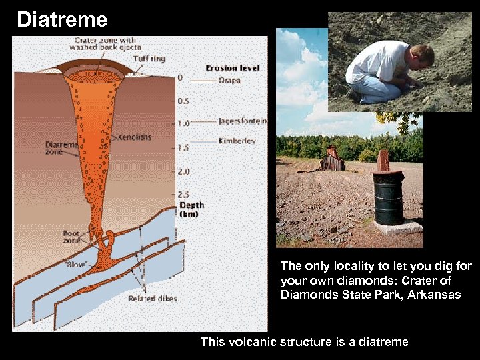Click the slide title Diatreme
[61, 19]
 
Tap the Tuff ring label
[149, 59]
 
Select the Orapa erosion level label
[230, 80]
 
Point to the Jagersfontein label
[243, 121]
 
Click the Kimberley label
[237, 141]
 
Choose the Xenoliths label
[134, 137]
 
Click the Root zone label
[71, 237]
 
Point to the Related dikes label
[153, 299]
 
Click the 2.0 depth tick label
[183, 171]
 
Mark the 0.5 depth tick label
[183, 101]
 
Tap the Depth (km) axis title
[191, 209]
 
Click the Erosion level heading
[232, 68]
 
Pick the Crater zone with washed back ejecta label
[105, 43]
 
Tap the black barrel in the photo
[389, 199]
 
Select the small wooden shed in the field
[332, 159]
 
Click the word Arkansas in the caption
[437, 295]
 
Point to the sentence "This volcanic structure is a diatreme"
[304, 342]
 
